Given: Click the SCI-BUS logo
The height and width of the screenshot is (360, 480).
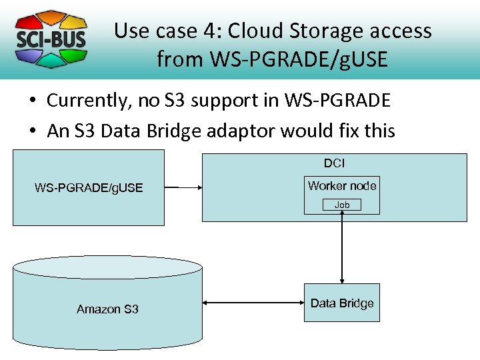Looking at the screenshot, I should (x=51, y=39).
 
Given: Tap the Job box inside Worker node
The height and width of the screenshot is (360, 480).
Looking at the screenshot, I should (x=342, y=205).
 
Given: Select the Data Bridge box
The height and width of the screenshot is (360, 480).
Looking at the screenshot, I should (x=342, y=303).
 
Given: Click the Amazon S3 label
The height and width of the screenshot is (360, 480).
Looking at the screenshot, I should (x=107, y=309).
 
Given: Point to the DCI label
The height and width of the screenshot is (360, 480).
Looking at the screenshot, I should (x=334, y=163).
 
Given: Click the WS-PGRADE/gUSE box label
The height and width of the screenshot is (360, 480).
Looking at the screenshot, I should (x=89, y=188).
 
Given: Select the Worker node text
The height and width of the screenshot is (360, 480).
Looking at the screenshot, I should (x=342, y=186).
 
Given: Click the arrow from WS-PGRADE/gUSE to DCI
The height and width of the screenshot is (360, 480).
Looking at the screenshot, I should (x=183, y=188).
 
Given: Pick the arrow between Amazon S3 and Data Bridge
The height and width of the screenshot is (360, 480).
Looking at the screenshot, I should (x=253, y=303).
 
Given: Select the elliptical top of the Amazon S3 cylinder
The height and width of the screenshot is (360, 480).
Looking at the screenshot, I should (x=107, y=267).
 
